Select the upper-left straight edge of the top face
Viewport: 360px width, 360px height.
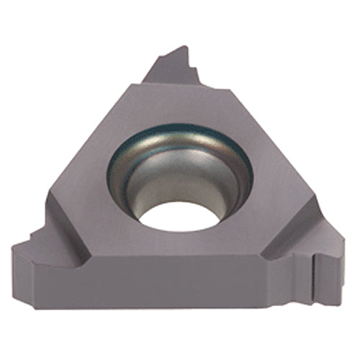94,137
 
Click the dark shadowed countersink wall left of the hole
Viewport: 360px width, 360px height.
126,180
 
